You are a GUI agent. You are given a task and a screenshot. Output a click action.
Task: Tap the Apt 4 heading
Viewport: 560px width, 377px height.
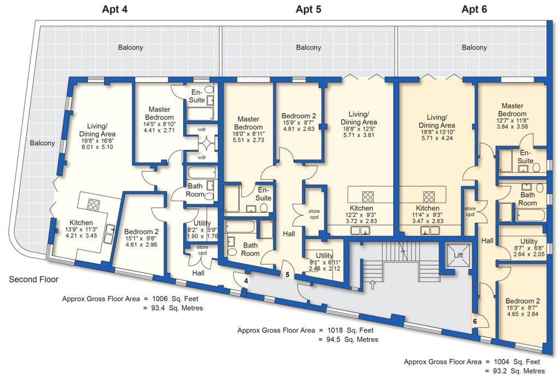click(x=116, y=9)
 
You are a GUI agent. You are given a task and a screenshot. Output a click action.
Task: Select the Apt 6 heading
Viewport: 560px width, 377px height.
click(x=474, y=9)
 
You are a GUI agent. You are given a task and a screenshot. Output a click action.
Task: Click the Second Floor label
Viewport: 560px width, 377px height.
click(x=33, y=279)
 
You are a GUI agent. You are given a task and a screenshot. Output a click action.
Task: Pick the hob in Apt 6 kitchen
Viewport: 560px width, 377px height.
click(x=429, y=196)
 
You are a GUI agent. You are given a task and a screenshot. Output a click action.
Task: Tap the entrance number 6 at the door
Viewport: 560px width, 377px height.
click(x=475, y=322)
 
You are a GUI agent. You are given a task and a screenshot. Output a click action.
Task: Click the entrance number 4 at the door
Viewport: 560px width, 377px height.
click(x=246, y=281)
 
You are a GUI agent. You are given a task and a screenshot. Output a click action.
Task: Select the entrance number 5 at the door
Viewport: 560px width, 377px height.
click(x=288, y=274)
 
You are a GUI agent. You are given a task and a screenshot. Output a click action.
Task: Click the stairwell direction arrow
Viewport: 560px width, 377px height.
click(x=373, y=284)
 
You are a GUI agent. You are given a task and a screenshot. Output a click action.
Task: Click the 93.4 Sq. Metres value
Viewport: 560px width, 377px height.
click(x=172, y=308)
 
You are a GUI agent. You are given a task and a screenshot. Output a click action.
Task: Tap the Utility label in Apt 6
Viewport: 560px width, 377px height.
click(x=529, y=241)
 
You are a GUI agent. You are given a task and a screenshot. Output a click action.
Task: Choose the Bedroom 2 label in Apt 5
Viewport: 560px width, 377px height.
click(x=299, y=116)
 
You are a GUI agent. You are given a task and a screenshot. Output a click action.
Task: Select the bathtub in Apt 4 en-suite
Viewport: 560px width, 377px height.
click(x=200, y=114)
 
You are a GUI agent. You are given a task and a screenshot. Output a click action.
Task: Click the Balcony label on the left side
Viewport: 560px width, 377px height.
click(x=43, y=144)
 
